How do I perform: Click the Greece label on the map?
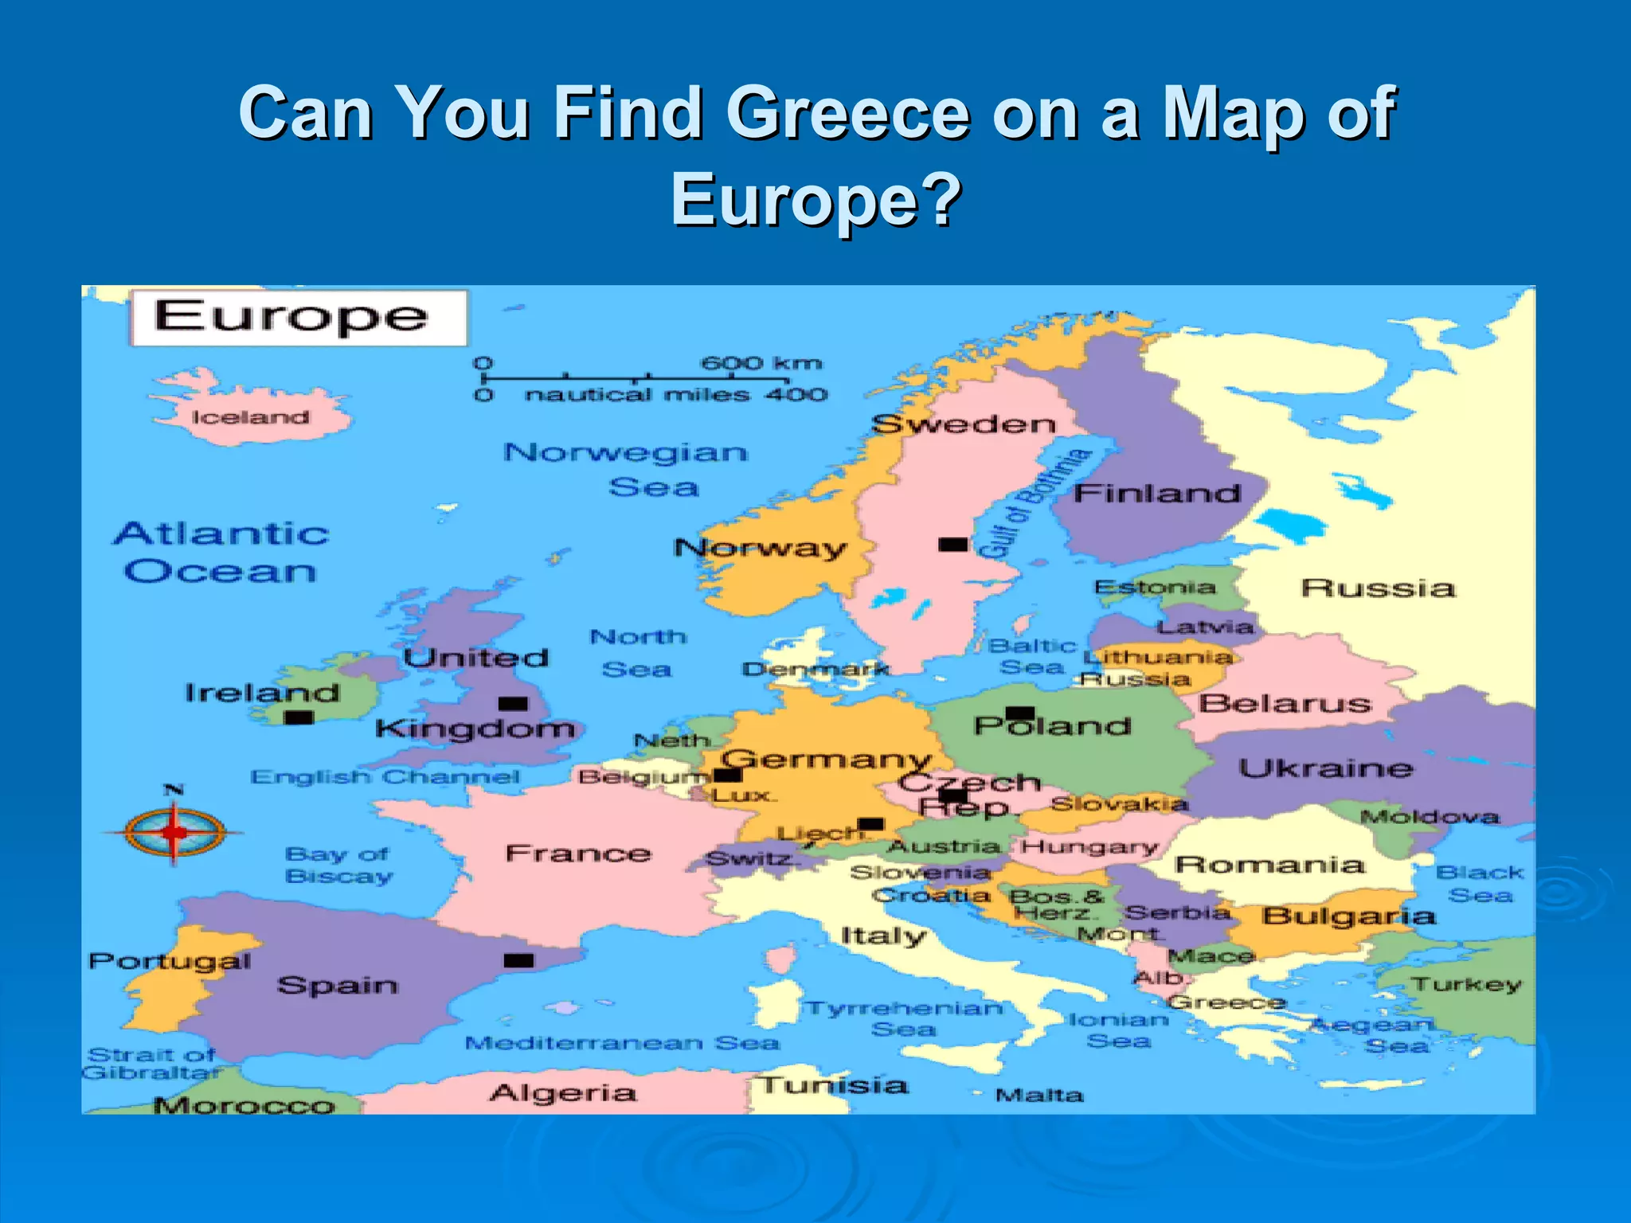point(1227,1002)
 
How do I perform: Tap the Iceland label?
point(250,417)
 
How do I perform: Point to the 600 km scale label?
point(761,363)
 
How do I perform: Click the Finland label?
point(1157,494)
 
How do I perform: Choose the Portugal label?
point(170,961)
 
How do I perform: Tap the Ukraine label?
point(1326,768)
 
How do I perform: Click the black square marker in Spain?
point(518,960)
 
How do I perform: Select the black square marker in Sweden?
point(952,545)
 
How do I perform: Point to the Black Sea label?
point(1480,884)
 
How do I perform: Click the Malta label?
point(1039,1096)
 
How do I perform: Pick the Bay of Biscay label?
point(338,865)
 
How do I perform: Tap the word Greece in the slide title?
point(847,113)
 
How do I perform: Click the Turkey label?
point(1466,984)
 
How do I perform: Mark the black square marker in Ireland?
point(299,717)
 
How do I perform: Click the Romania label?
point(1269,865)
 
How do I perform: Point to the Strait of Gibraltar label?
point(151,1064)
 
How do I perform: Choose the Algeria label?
point(563,1092)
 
